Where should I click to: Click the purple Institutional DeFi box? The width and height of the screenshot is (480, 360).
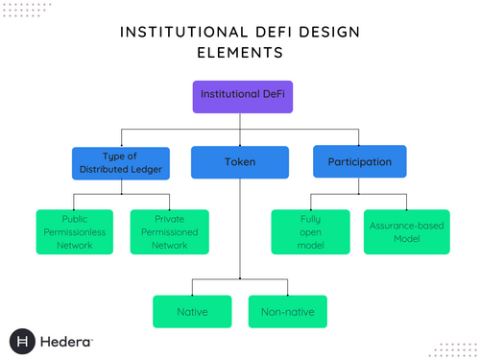click(x=239, y=96)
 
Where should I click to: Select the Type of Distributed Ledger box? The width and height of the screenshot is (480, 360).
click(x=120, y=162)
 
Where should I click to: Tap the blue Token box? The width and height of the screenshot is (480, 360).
click(x=239, y=162)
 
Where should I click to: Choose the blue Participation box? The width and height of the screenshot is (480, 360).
click(x=359, y=162)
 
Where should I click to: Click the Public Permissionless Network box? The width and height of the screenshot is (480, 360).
click(x=76, y=231)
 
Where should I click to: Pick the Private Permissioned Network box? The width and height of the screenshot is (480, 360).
click(x=169, y=231)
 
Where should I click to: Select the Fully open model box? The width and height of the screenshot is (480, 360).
click(x=309, y=231)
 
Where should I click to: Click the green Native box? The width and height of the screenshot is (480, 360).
click(x=192, y=311)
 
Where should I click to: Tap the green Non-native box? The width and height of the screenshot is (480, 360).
click(x=287, y=311)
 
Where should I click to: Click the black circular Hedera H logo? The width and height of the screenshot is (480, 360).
click(x=24, y=341)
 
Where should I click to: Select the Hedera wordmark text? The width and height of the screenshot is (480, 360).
click(x=66, y=341)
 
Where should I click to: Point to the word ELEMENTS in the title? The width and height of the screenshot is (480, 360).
click(x=239, y=54)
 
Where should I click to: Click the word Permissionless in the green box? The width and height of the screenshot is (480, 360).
click(x=76, y=231)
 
